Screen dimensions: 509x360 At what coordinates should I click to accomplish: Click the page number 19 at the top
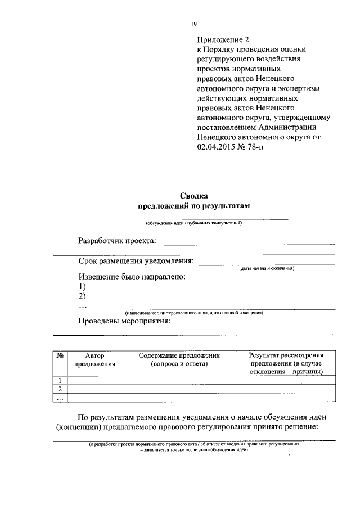(193, 24)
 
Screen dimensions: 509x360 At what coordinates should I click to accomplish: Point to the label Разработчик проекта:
(118, 241)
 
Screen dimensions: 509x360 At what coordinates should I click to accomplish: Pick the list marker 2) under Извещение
(82, 296)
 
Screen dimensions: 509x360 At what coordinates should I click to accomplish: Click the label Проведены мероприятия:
(124, 322)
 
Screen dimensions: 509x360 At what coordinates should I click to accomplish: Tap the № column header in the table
(60, 356)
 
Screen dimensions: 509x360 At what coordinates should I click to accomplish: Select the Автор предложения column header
(94, 360)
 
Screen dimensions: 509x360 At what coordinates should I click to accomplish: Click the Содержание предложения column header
(179, 360)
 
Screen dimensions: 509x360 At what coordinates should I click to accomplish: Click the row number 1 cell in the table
(60, 380)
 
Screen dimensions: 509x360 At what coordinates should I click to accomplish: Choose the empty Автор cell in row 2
(94, 389)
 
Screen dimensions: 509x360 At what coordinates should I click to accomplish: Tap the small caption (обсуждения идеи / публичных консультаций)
(193, 223)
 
